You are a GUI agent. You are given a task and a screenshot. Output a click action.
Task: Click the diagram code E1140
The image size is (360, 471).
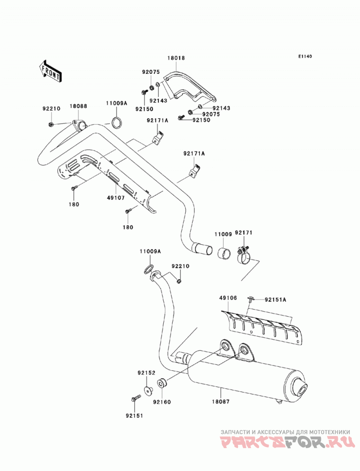pos(305,56)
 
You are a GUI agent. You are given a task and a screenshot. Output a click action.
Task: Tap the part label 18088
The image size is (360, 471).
pos(78,106)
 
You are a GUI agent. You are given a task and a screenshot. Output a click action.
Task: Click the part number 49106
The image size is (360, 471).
pos(228,298)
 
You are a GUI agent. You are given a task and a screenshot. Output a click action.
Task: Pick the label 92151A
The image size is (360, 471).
pos(275,300)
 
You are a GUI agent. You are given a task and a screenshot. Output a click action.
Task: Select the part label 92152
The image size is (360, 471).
pos(147,373)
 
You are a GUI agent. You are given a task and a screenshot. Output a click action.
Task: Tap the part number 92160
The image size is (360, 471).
pos(162,402)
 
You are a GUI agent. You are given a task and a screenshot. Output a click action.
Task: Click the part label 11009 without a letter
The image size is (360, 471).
pos(223,234)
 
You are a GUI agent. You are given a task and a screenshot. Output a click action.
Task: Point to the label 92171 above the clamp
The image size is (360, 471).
pos(244,233)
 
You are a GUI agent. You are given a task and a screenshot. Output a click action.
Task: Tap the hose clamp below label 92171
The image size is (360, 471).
pos(243,256)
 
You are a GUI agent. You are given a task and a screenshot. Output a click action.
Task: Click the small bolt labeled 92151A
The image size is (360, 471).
pos(251,298)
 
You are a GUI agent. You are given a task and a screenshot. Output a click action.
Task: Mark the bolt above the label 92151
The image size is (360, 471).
pos(136,398)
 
